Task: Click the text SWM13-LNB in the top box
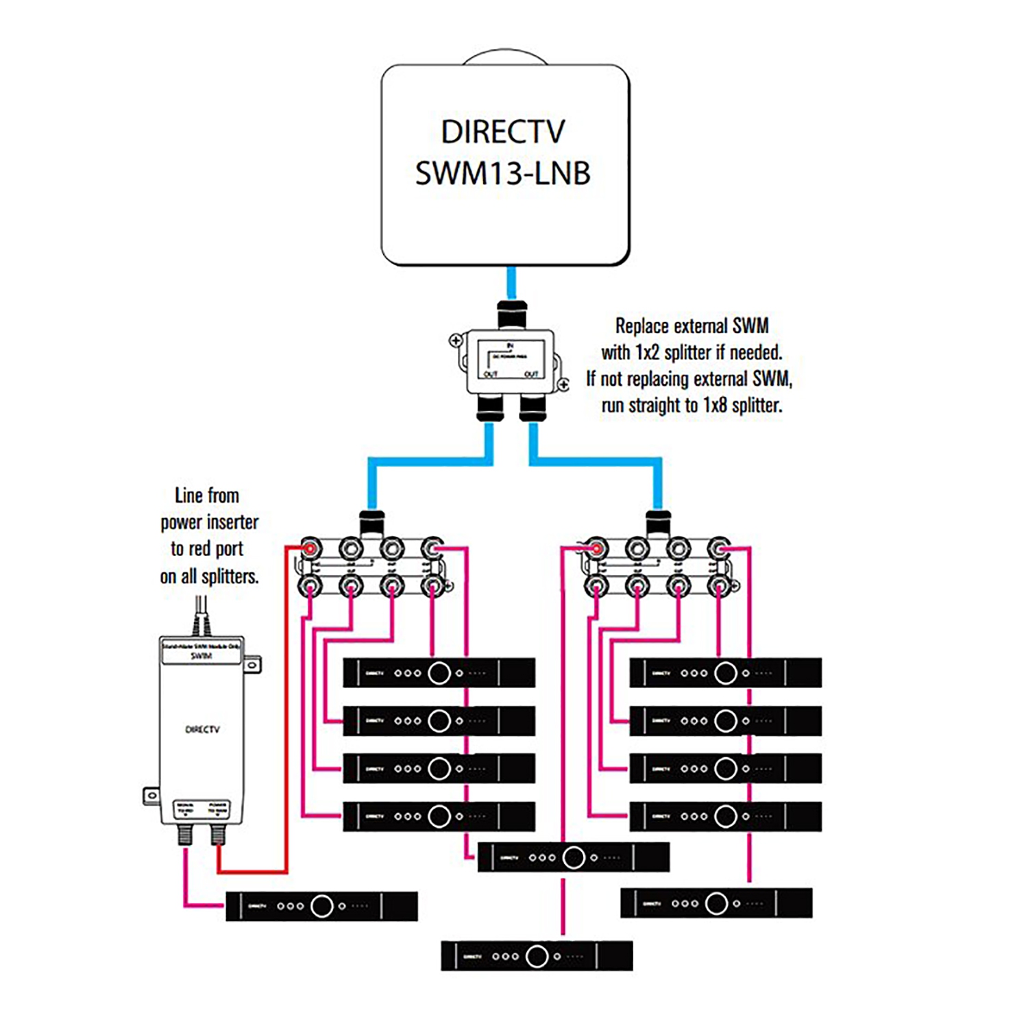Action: (502, 173)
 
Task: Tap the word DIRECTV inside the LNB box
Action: (502, 132)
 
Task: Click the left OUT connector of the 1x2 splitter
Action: (490, 408)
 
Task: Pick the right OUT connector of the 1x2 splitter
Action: (533, 408)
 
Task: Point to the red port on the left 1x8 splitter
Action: (310, 548)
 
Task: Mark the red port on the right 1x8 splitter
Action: (596, 548)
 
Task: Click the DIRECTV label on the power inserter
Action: (202, 729)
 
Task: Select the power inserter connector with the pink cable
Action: (185, 834)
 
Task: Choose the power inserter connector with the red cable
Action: (218, 834)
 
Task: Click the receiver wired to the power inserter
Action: (321, 906)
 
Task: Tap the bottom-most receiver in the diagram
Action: (537, 956)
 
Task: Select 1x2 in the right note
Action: (647, 352)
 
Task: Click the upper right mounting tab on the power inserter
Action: (252, 664)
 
